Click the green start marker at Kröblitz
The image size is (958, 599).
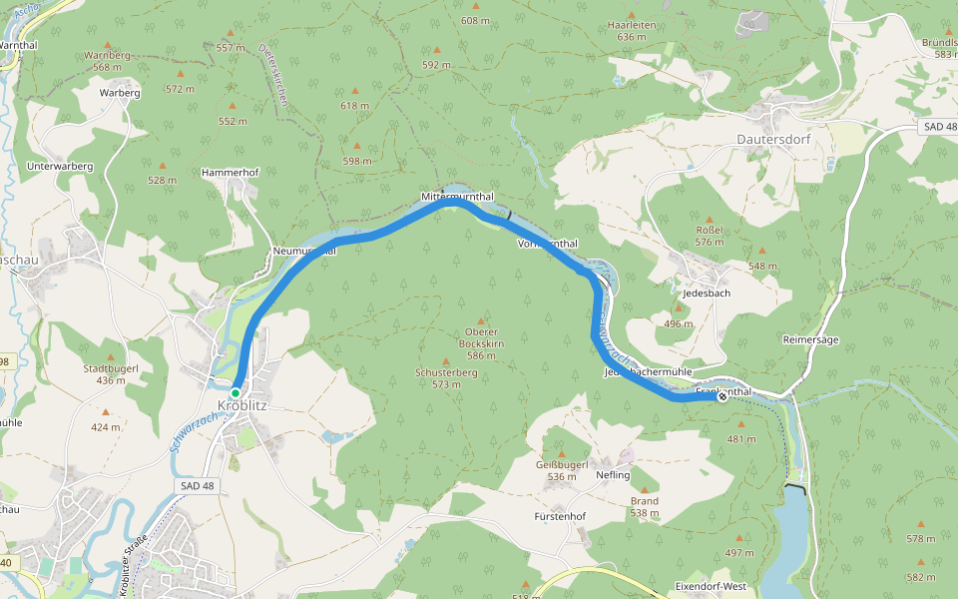coord(236,393)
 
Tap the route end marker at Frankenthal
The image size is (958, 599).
coord(722,396)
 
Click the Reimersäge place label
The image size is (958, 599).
coord(810,339)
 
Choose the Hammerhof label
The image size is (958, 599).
coord(231,172)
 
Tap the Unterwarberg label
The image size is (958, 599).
coord(60,166)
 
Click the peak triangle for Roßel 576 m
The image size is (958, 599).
coord(710,221)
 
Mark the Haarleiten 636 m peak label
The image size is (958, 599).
coord(633,31)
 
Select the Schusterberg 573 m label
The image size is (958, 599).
coord(446,377)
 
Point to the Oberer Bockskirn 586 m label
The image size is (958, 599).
coord(481,343)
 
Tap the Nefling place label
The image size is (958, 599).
coord(613,475)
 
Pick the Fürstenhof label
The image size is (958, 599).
coord(559,517)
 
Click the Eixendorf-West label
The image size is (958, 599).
coord(711,585)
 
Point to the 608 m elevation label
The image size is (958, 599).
coord(475,20)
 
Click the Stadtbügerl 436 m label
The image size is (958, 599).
coord(111,374)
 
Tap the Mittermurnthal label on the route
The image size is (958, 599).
coord(457,197)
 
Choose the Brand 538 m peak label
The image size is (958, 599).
coord(645,507)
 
